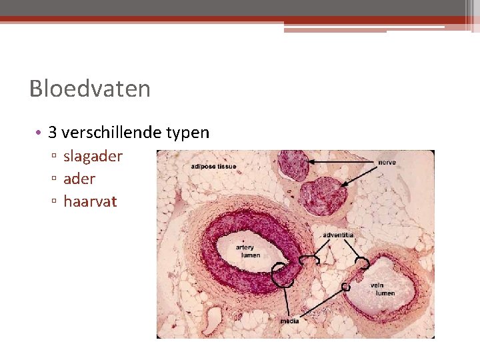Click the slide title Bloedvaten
[90, 89]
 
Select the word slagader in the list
[93, 157]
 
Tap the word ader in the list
[79, 179]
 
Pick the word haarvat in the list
[90, 201]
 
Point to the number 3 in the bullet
[53, 133]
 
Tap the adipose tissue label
[213, 166]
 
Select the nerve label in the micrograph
[387, 163]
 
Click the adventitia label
[338, 235]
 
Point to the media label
[289, 321]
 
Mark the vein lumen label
[385, 289]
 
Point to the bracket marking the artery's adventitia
[310, 260]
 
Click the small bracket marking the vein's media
[345, 287]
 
